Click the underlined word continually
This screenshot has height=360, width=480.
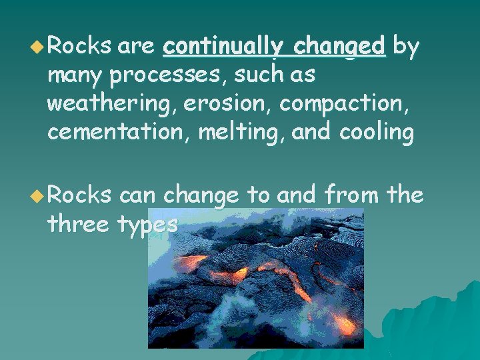(x=223, y=46)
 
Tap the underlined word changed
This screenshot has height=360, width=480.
(x=339, y=46)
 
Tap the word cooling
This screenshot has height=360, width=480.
(x=377, y=133)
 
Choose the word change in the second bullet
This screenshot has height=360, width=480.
(x=201, y=195)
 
